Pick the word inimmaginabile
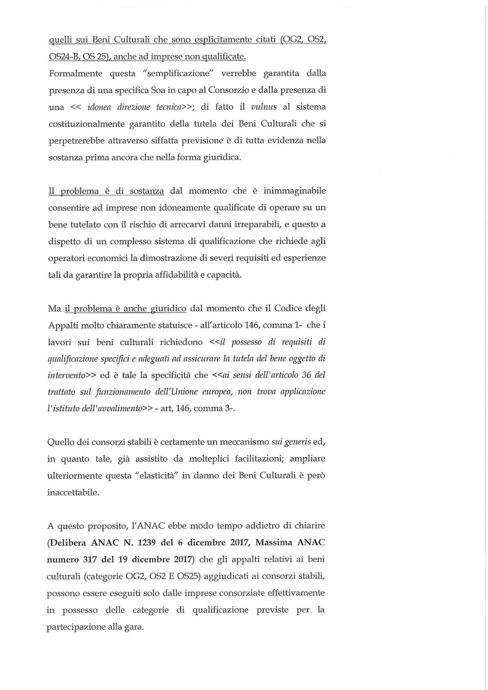(294, 191)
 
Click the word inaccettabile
(73, 492)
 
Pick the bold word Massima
(274, 542)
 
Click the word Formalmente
(75, 74)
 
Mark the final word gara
(133, 627)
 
